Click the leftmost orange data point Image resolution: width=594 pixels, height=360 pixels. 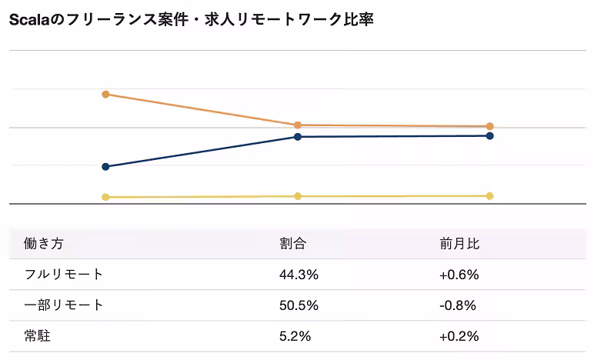pyautogui.click(x=105, y=95)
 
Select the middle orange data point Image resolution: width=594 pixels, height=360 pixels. pyautogui.click(x=297, y=125)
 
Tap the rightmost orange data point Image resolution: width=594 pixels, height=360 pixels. pyautogui.click(x=489, y=126)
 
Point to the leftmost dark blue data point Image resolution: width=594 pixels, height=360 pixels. pyautogui.click(x=105, y=166)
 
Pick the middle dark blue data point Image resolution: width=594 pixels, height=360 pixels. pyautogui.click(x=297, y=137)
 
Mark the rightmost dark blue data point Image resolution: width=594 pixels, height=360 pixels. pyautogui.click(x=489, y=136)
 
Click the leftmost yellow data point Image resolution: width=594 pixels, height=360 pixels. pyautogui.click(x=105, y=197)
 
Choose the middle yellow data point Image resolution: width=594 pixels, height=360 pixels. pyautogui.click(x=297, y=196)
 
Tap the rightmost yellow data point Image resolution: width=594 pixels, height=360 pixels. pyautogui.click(x=489, y=196)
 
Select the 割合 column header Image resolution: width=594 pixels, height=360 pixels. pyautogui.click(x=292, y=244)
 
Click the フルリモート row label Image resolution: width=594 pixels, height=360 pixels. pyautogui.click(x=64, y=275)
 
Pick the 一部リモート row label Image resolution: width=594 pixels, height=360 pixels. pyautogui.click(x=64, y=305)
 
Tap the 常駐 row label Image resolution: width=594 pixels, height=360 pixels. pyautogui.click(x=38, y=336)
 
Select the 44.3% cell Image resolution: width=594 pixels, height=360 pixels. pyautogui.click(x=299, y=275)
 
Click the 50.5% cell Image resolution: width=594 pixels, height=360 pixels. pyautogui.click(x=299, y=305)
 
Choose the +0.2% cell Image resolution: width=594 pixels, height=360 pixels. pyautogui.click(x=459, y=336)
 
